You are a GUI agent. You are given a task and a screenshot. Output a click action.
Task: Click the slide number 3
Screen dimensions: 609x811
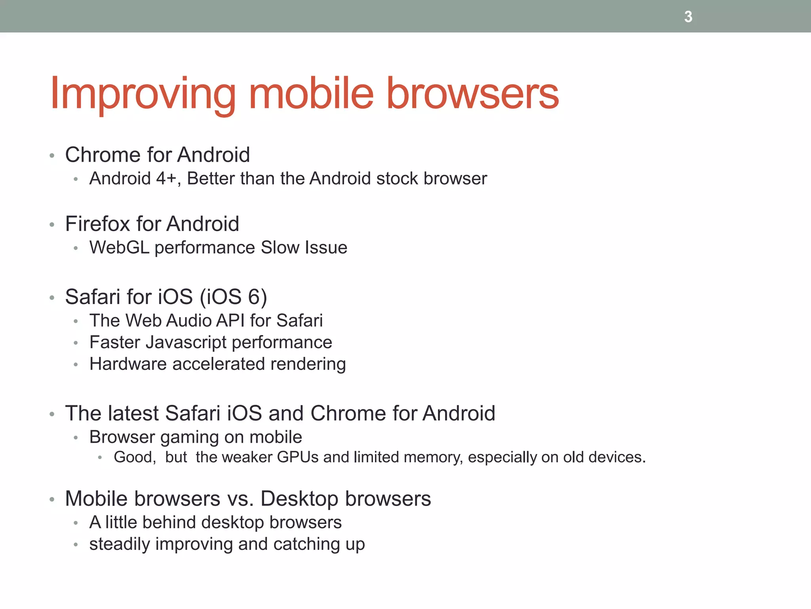tap(688, 17)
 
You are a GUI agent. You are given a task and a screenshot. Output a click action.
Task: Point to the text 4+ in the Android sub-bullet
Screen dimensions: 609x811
tap(166, 178)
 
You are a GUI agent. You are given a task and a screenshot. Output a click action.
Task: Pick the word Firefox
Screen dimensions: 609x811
tap(98, 224)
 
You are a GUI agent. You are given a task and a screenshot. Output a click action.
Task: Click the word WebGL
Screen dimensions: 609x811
tap(119, 247)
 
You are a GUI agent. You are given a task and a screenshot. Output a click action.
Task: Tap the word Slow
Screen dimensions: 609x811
tap(278, 247)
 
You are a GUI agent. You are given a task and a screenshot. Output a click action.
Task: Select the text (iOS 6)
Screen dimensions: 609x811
tap(233, 297)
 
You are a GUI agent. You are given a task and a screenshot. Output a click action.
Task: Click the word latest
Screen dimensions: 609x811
tap(133, 413)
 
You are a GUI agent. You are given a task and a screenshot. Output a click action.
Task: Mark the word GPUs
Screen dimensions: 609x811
tap(298, 457)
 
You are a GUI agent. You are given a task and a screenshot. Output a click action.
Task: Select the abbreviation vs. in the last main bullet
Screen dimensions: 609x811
tap(240, 499)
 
